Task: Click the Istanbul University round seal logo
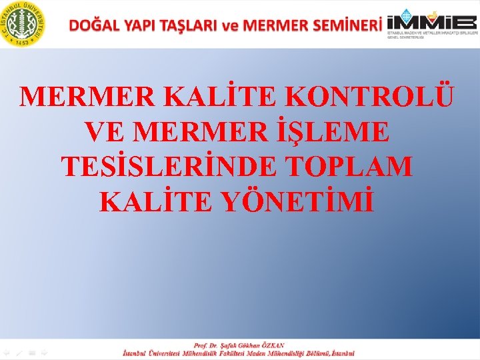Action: (23, 24)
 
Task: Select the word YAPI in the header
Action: (136, 25)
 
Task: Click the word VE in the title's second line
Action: (106, 131)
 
